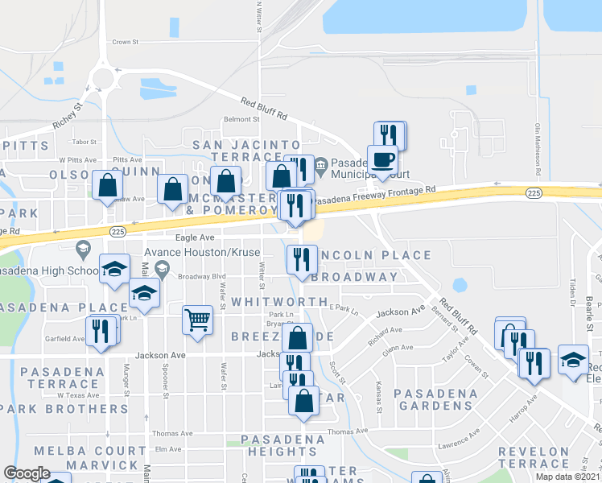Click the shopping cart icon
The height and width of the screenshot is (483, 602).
point(197,320)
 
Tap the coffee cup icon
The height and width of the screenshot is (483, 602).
point(382,159)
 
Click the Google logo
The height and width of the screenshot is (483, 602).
point(27,473)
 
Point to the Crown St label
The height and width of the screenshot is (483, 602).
point(126,42)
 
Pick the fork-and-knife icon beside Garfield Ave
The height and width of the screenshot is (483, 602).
point(101,332)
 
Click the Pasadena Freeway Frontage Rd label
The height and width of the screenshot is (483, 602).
point(374,195)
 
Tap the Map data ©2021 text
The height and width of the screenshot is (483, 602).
point(568,477)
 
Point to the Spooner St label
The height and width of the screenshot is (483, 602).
point(166,390)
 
